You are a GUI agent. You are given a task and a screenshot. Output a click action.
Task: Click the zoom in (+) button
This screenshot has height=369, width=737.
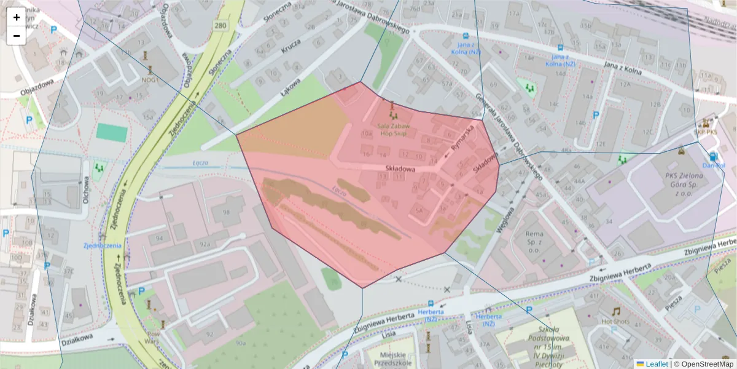click(x=17, y=17)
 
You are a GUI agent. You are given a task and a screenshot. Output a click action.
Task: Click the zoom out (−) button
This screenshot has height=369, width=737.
click(x=17, y=36)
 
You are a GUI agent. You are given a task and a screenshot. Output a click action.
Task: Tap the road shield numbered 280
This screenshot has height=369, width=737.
click(x=220, y=25)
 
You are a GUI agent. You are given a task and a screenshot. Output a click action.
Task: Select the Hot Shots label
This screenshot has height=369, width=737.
click(x=615, y=321)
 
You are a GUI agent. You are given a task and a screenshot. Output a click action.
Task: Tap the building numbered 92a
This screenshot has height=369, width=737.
click(x=205, y=245)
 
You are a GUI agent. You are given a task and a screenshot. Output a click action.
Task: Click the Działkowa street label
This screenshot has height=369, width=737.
click(x=77, y=338)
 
